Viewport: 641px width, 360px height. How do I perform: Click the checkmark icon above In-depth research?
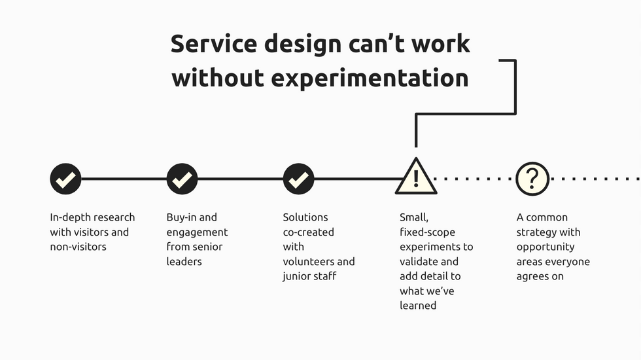click(x=65, y=179)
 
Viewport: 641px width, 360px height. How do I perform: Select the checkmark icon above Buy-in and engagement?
click(x=182, y=179)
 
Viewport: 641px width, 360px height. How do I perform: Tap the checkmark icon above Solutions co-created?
click(x=298, y=179)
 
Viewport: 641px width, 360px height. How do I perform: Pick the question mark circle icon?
click(x=532, y=179)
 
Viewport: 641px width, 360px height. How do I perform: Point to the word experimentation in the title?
click(x=370, y=78)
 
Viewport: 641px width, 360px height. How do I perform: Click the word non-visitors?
click(x=78, y=247)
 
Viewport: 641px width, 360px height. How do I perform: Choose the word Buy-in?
click(x=182, y=217)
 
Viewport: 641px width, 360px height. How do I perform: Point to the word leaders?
click(x=184, y=262)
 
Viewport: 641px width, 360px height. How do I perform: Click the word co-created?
click(x=308, y=232)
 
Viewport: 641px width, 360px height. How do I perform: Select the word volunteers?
click(x=308, y=262)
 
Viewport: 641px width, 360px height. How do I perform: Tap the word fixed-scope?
click(x=427, y=232)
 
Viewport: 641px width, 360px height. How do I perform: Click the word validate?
click(x=419, y=262)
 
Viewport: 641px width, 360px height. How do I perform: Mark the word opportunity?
click(x=546, y=247)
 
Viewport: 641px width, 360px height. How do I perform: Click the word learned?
click(x=418, y=306)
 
